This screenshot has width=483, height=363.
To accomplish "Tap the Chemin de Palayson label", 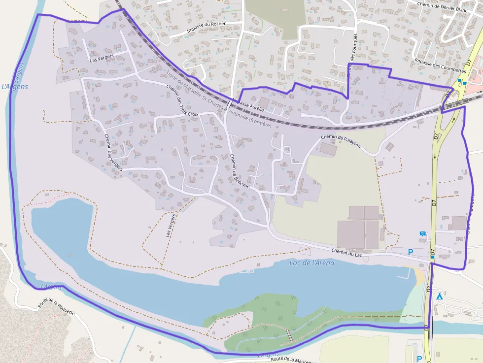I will (x=341, y=141).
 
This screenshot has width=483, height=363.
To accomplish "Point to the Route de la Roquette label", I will (x=56, y=308).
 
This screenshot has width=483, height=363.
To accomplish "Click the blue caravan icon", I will (x=422, y=233).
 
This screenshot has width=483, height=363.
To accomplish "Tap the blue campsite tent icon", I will (x=439, y=296).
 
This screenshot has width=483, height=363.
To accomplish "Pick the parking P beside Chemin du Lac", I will (x=411, y=252).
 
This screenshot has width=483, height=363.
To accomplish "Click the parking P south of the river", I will (x=419, y=359).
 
